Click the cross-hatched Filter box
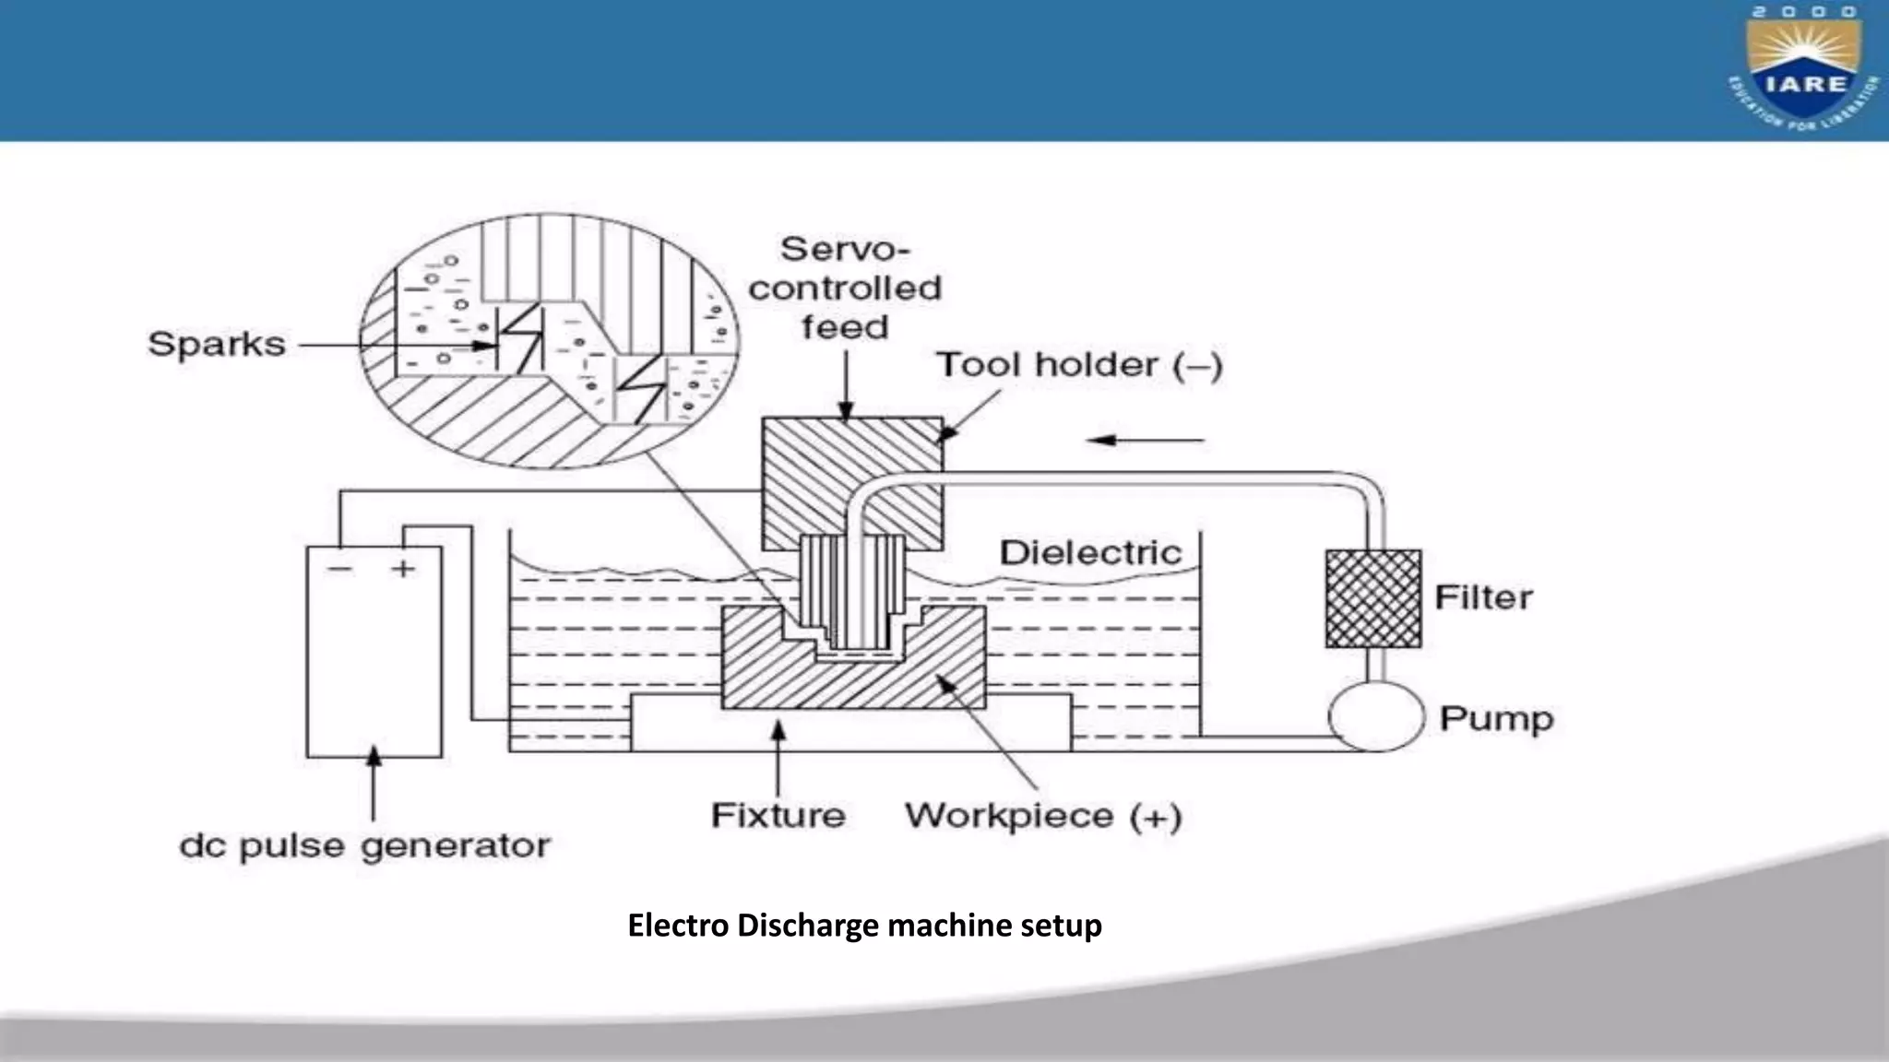pos(1372,598)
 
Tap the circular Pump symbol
pos(1376,716)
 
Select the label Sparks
pos(217,345)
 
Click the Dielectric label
pos(1090,553)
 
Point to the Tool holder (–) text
pos(1079,365)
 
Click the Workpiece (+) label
pos(1042,817)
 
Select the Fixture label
pos(778,816)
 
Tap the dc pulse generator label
pos(364,846)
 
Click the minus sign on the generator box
pos(339,569)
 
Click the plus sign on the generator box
pos(403,569)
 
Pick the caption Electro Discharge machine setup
pos(864,925)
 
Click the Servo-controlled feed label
pos(844,288)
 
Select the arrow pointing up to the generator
pos(373,784)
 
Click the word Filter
pos(1483,597)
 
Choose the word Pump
pos(1496,719)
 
